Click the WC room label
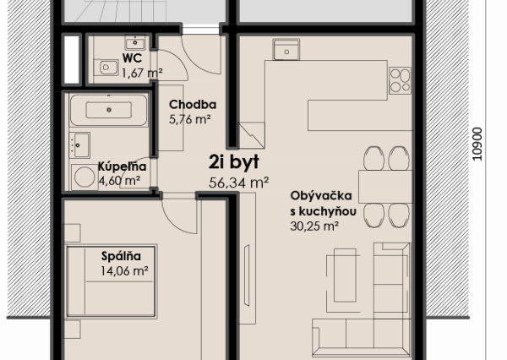tap(131, 58)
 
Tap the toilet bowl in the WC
tap(106, 66)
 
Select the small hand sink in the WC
tap(134, 41)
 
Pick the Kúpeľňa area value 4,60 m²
tap(117, 179)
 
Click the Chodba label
tap(193, 105)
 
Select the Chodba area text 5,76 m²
tap(190, 119)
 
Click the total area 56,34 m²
tap(238, 181)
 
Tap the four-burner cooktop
tap(399, 80)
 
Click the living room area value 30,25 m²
tap(313, 226)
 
